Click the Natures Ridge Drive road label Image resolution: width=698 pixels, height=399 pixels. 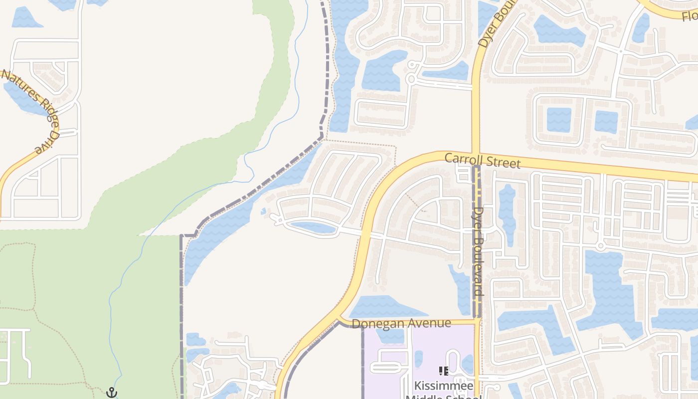tap(31, 110)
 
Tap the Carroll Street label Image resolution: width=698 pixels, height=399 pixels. tap(482, 161)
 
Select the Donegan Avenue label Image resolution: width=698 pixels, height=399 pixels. tap(401, 324)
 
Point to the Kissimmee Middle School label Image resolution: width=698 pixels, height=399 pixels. tap(443, 387)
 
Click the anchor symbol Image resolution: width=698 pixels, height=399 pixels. tap(112, 393)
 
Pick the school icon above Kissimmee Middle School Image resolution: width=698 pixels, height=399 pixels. tap(443, 371)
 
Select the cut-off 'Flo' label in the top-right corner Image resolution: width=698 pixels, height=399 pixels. tap(690, 16)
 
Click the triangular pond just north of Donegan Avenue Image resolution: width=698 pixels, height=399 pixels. tap(379, 307)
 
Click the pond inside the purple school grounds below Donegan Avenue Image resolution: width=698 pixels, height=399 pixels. tap(390, 335)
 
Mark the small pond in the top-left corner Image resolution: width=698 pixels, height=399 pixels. tap(24, 18)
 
